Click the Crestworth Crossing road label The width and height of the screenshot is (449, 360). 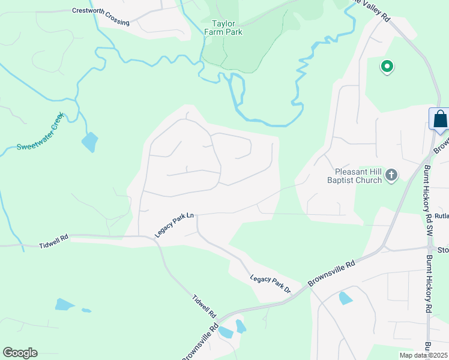click(100, 16)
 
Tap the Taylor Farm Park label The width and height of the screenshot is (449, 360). click(223, 28)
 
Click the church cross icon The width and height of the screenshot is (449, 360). click(391, 175)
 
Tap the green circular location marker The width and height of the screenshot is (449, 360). click(387, 67)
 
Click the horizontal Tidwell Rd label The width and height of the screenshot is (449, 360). click(54, 245)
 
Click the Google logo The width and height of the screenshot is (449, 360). click(20, 353)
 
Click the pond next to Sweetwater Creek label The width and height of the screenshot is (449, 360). click(89, 142)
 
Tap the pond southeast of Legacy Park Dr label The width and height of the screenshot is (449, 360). click(346, 298)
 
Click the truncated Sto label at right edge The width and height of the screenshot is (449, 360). click(443, 250)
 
